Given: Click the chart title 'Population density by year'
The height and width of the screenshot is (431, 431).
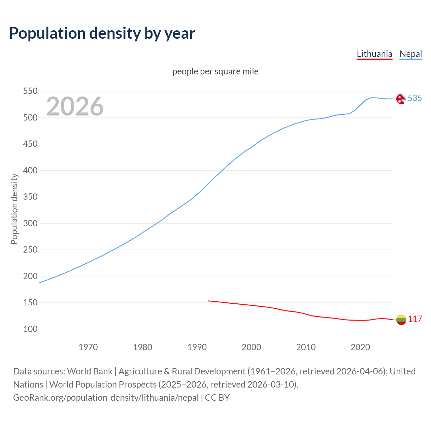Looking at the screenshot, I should [102, 33].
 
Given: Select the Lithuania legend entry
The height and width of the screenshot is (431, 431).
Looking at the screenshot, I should [374, 54].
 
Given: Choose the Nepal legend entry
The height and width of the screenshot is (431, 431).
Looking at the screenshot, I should [410, 54].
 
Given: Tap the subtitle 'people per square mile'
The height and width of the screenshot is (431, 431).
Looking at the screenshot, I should [215, 71].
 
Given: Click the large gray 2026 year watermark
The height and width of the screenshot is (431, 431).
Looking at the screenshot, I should [75, 106].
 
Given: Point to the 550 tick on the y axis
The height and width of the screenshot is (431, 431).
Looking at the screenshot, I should [30, 91].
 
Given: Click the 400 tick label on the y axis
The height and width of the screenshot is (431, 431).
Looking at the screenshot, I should [30, 170].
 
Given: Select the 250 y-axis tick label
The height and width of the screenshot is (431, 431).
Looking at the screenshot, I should [30, 250].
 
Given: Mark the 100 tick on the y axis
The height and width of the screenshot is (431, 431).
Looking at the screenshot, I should [30, 329].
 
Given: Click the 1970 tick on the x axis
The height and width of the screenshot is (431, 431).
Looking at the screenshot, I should [88, 347].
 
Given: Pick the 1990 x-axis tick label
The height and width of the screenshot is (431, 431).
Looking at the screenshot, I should [197, 347].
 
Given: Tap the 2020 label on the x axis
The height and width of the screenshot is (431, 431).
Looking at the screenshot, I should [360, 347].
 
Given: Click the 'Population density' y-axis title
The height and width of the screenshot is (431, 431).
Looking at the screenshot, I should [14, 209].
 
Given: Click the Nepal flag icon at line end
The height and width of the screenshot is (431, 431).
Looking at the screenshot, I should [401, 99].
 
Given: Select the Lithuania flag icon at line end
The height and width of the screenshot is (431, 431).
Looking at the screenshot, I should [401, 320].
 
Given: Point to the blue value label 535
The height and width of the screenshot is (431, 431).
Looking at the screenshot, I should [415, 98].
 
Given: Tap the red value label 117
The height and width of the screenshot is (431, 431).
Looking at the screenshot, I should [415, 319].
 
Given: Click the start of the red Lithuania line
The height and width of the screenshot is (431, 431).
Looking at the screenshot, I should [208, 301].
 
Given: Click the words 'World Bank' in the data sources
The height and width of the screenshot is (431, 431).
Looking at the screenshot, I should [90, 371].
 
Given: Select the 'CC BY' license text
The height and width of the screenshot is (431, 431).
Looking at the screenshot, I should [217, 397].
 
